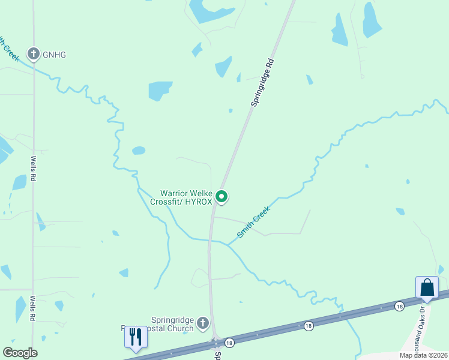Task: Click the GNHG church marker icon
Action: pyautogui.click(x=34, y=54)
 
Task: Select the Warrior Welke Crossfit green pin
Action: pyautogui.click(x=221, y=196)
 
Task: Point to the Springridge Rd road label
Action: pyautogui.click(x=262, y=83)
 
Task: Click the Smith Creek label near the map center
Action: pyautogui.click(x=253, y=222)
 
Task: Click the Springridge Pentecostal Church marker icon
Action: pyautogui.click(x=203, y=323)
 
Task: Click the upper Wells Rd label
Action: pyautogui.click(x=34, y=169)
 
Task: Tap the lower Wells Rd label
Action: pyautogui.click(x=34, y=308)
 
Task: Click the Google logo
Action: pyautogui.click(x=20, y=353)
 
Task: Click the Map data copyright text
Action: pyautogui.click(x=424, y=355)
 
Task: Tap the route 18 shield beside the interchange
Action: pyautogui.click(x=229, y=343)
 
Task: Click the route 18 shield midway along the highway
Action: pyautogui.click(x=308, y=325)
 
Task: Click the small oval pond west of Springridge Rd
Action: pyautogui.click(x=139, y=151)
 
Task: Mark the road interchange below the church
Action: pyautogui.click(x=215, y=343)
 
